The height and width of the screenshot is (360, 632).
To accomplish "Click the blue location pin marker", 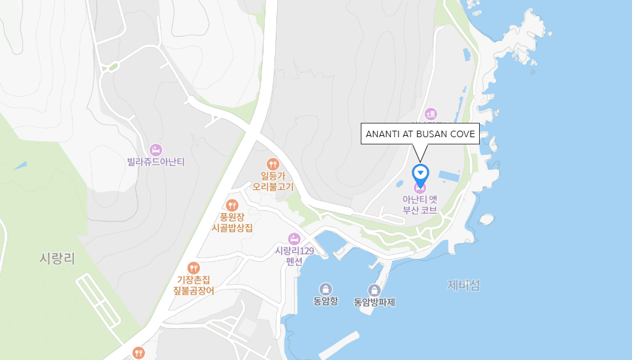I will (421, 172).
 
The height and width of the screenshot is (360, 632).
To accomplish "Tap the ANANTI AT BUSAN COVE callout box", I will (420, 133).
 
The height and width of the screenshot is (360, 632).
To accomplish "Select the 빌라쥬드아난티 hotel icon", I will (156, 150).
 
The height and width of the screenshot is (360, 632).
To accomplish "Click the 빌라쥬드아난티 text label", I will (156, 162).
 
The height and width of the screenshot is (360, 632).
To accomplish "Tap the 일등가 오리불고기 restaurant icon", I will (273, 164).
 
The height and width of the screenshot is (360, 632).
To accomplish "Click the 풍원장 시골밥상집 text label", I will (232, 222).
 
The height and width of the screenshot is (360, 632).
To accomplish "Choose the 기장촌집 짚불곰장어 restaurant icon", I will (193, 267).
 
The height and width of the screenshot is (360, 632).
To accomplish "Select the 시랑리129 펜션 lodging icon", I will (294, 238).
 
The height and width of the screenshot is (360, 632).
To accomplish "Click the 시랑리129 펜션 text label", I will (295, 255).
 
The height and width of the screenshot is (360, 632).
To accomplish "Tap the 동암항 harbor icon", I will (325, 289).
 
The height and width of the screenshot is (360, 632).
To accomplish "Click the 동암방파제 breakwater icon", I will (374, 290).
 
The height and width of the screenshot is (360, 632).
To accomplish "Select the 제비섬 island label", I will (463, 285).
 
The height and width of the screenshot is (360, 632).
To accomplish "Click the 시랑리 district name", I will (57, 259).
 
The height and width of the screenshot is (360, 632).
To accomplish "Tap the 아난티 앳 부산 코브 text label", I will (420, 205).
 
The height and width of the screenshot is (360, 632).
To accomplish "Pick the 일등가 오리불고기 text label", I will (273, 181).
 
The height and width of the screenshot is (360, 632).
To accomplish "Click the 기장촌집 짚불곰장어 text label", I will (193, 285).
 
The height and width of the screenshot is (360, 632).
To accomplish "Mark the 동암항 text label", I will (325, 302).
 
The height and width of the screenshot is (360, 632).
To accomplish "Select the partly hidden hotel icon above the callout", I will (431, 114).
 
